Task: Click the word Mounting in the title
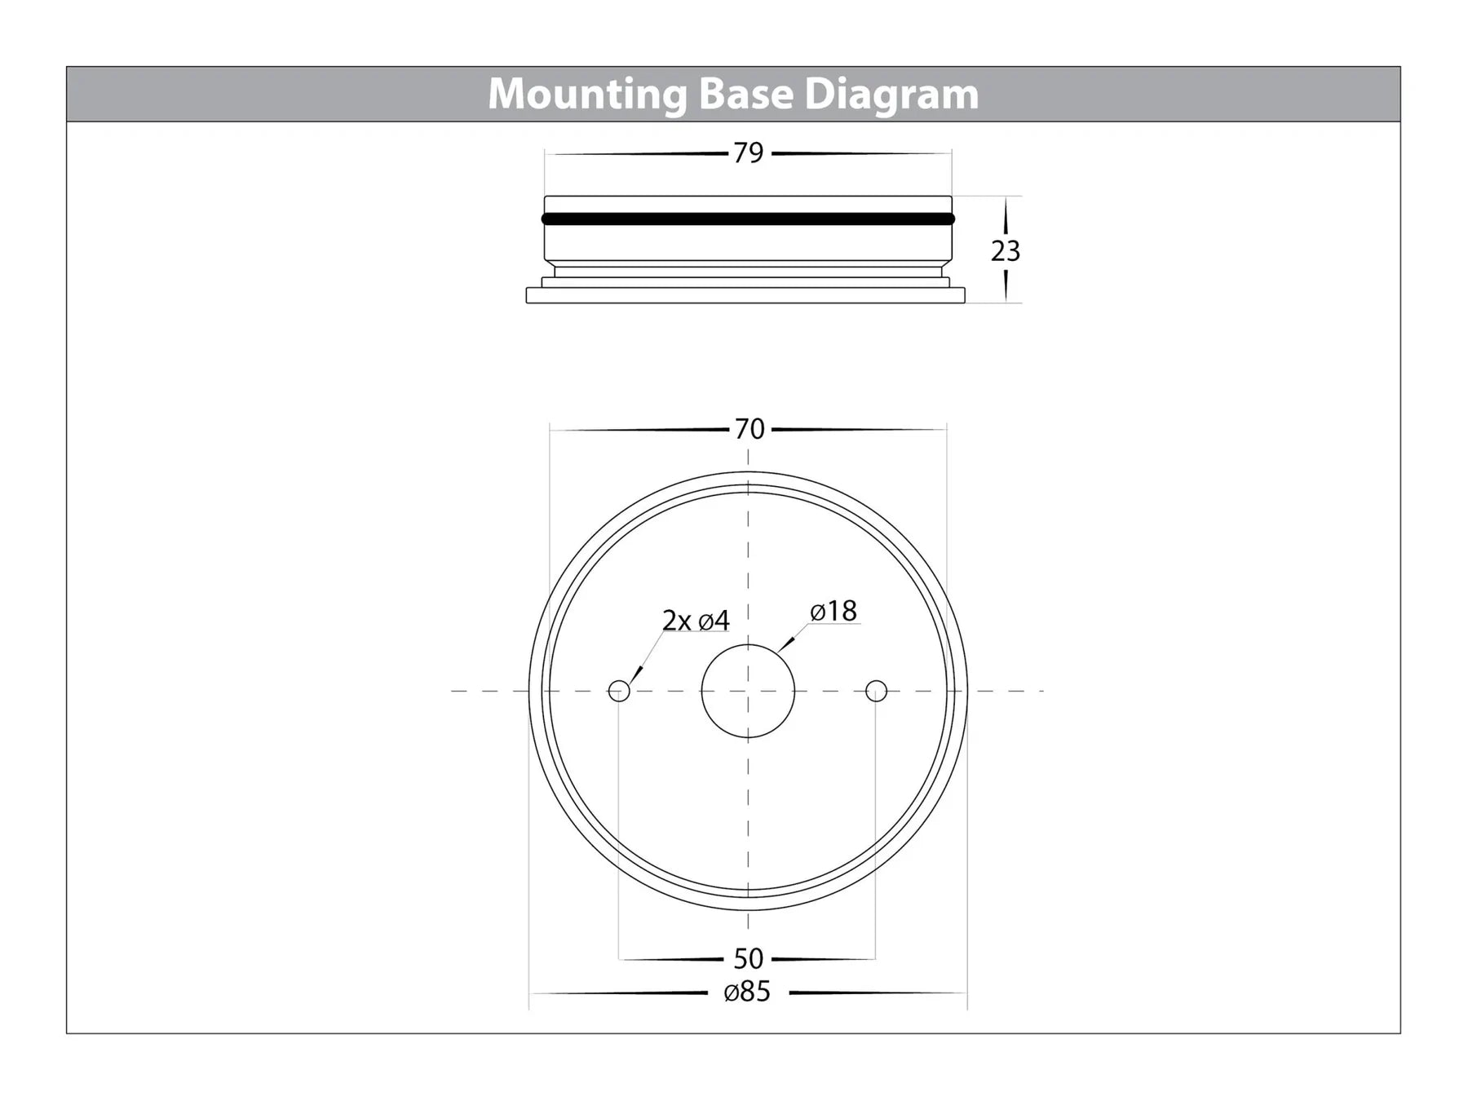click(587, 95)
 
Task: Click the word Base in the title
click(745, 94)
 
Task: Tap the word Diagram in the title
click(891, 95)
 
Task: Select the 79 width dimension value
click(749, 153)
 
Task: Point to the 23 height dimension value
click(1006, 250)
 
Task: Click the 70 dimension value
click(749, 429)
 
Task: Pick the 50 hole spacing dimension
click(748, 958)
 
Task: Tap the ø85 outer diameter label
click(747, 992)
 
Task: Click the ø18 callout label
click(833, 611)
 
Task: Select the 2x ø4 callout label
click(696, 621)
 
